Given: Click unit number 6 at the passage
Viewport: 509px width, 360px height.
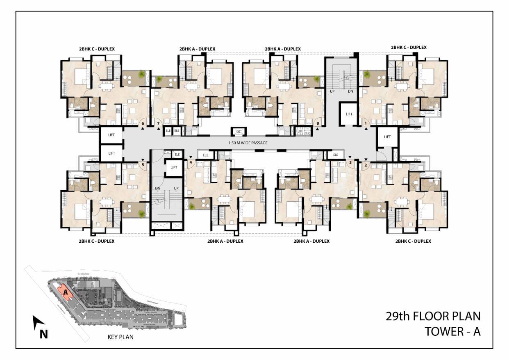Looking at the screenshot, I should tap(143, 123).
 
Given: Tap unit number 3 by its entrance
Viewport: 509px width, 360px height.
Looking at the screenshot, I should tap(350, 162).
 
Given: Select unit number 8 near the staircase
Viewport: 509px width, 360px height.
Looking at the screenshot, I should tap(317, 123).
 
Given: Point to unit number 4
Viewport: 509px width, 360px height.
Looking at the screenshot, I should tap(191, 162).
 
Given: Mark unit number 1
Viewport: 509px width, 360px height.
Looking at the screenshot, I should tap(365, 123).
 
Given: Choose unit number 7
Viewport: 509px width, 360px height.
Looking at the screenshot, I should tap(159, 123).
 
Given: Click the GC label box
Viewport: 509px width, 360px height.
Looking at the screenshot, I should tap(238, 132).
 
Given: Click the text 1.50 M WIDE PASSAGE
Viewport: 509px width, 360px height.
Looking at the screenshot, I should tap(248, 143).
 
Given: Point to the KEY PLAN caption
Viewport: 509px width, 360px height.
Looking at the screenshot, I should tap(120, 337).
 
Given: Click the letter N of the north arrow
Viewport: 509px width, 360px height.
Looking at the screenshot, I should tap(43, 334).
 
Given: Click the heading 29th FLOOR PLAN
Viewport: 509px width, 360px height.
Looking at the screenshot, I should tap(433, 316).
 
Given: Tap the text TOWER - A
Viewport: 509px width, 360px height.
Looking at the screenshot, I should tap(452, 331).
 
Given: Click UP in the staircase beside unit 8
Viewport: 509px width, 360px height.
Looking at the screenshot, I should tap(332, 91).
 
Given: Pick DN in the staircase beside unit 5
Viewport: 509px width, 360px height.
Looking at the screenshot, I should tap(157, 188).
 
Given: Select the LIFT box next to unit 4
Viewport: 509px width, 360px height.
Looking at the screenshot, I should tap(174, 167).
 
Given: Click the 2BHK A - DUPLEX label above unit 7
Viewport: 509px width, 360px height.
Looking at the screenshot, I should tap(197, 49).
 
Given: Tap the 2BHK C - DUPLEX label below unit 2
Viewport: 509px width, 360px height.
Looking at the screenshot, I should tap(413, 241).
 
